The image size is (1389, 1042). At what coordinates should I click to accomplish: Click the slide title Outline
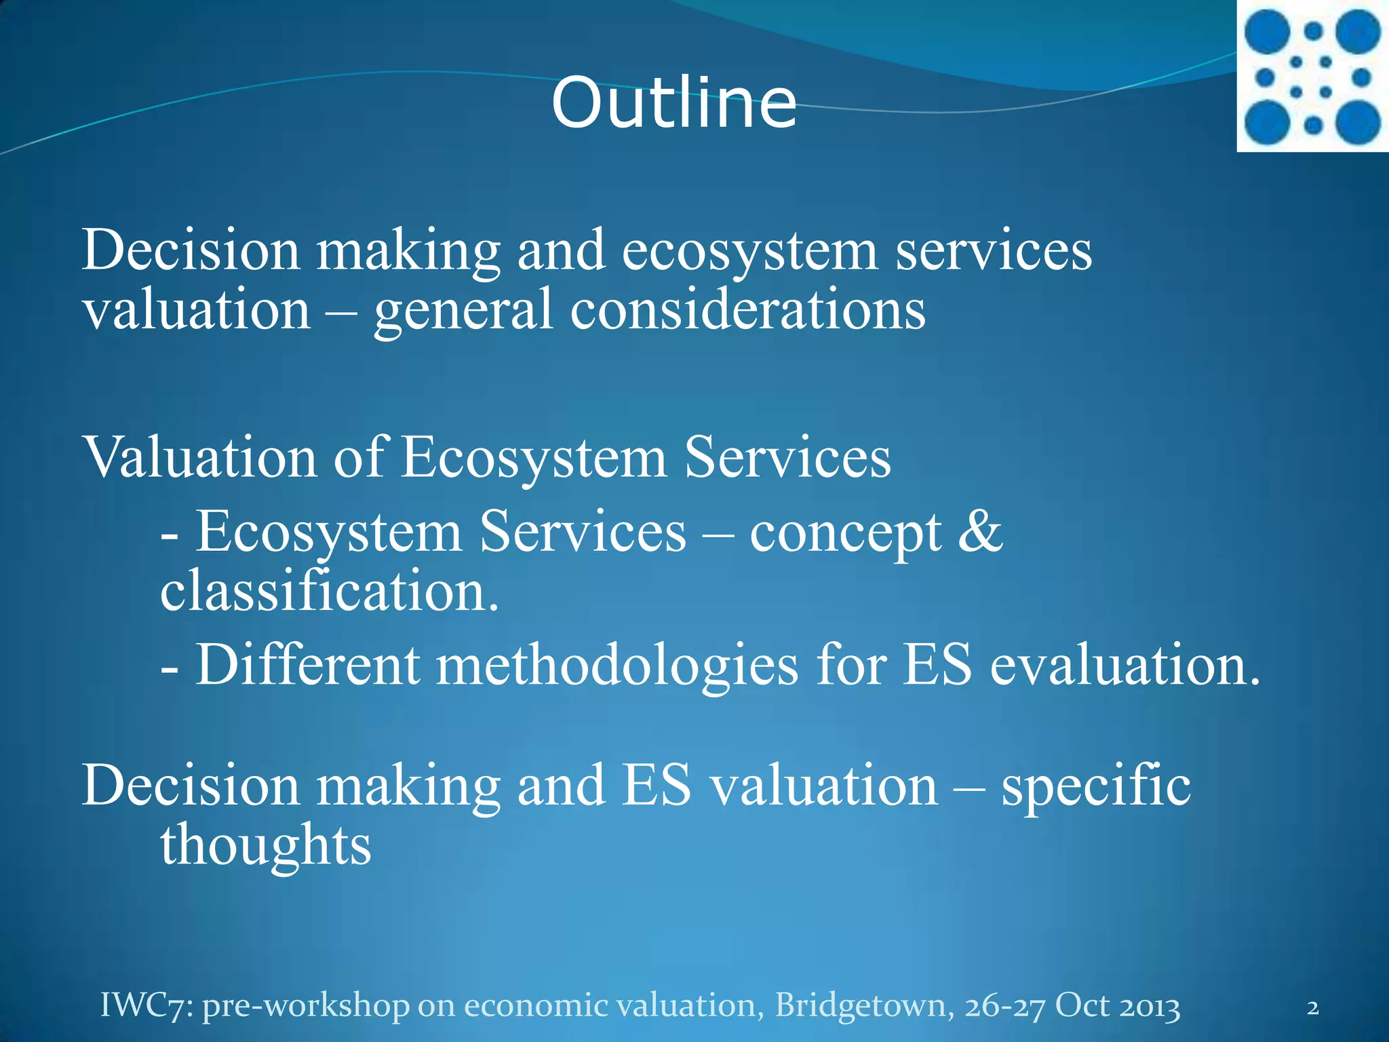pyautogui.click(x=673, y=103)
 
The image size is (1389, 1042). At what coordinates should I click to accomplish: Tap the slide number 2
pyautogui.click(x=1313, y=1007)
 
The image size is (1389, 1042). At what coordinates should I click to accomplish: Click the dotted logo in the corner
pyautogui.click(x=1313, y=77)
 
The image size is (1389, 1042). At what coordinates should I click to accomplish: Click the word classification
pyautogui.click(x=329, y=590)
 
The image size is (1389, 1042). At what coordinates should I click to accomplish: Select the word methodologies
pyautogui.click(x=617, y=665)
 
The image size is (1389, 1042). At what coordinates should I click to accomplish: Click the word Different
pyautogui.click(x=308, y=665)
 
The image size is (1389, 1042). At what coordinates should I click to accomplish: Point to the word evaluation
pyautogui.click(x=1124, y=665)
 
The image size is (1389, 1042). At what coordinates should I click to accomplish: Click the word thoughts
pyautogui.click(x=266, y=846)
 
